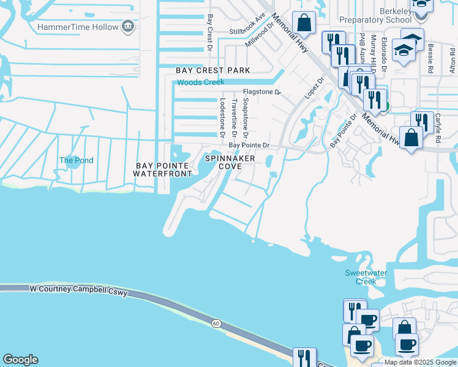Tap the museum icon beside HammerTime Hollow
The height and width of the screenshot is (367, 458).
tap(128, 26)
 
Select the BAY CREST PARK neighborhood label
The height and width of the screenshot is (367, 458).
tap(213, 70)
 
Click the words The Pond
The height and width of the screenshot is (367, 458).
tap(76, 160)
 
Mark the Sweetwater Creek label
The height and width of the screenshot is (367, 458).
tap(366, 277)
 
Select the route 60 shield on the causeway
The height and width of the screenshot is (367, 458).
tap(216, 322)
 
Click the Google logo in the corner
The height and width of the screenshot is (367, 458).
tap(20, 360)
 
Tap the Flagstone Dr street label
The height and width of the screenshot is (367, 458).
tap(261, 92)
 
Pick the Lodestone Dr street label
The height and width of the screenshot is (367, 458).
tap(222, 117)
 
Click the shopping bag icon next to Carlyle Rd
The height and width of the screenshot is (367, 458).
tap(411, 138)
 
